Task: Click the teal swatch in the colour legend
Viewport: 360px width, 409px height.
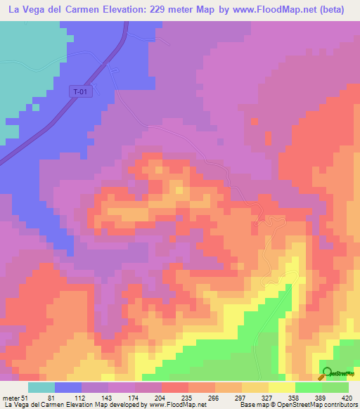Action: coord(41,387)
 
